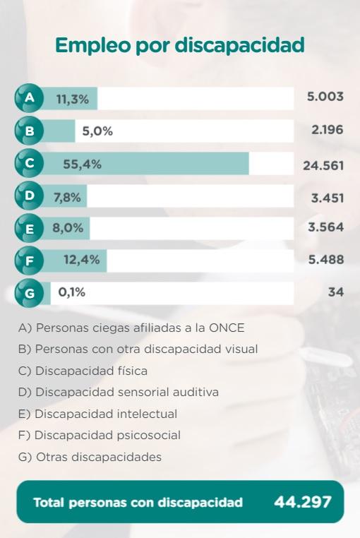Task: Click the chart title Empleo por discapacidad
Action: (x=180, y=46)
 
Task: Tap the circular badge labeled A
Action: (x=29, y=98)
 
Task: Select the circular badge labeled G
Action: (x=29, y=293)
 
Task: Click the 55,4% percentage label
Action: (x=83, y=165)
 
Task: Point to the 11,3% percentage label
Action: (x=73, y=100)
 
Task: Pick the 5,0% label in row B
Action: (x=97, y=131)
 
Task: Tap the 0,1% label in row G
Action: (x=72, y=292)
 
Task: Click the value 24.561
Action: (x=323, y=166)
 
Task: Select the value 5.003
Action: (x=325, y=97)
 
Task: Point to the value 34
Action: (x=336, y=292)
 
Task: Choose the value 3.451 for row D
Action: (x=328, y=198)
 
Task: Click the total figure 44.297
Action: (x=303, y=502)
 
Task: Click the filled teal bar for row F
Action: (x=75, y=261)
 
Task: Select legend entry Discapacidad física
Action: (x=83, y=371)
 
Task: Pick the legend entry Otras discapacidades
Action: (x=90, y=457)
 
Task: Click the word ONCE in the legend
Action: (x=227, y=328)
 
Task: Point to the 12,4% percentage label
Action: (x=82, y=260)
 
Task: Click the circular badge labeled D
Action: (x=29, y=196)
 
